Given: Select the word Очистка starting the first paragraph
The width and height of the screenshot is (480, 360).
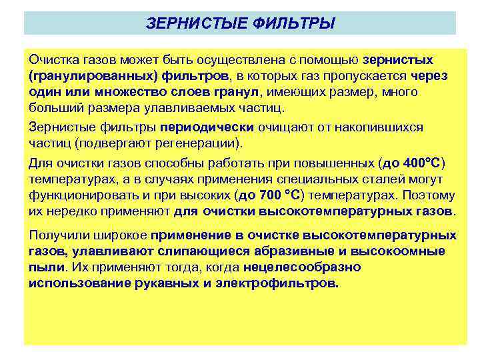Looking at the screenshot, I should (51, 60).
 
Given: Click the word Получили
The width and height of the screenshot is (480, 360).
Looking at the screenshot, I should (56, 235).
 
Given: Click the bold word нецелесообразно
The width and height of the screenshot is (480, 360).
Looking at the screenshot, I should (302, 267).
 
